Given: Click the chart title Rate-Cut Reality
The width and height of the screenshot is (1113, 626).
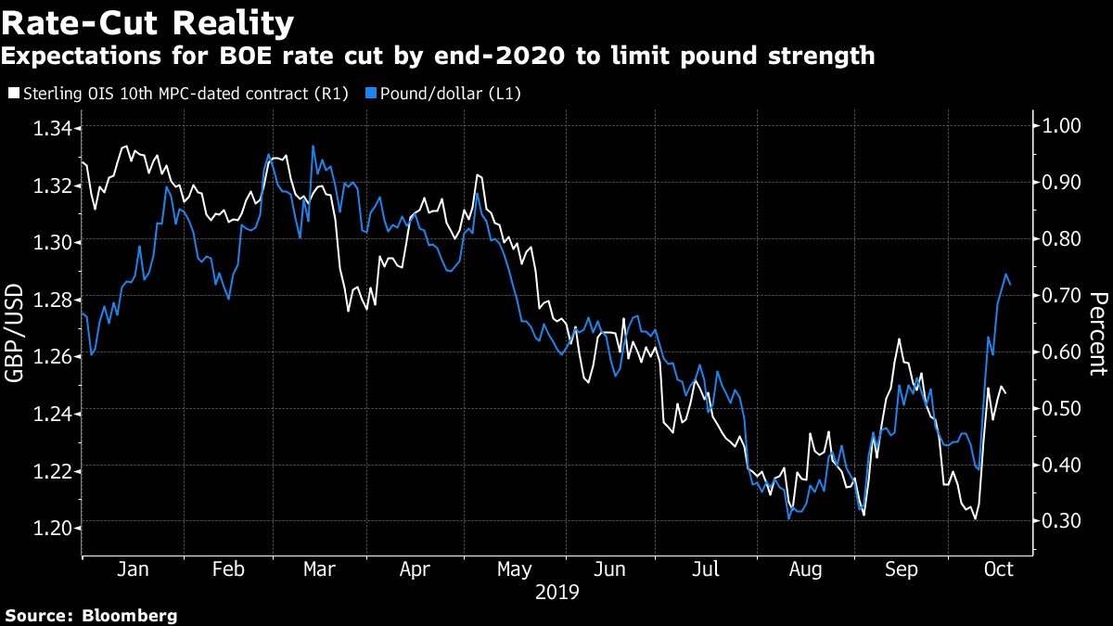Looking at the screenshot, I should (x=148, y=21).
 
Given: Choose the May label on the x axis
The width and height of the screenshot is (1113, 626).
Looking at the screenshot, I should (x=513, y=569).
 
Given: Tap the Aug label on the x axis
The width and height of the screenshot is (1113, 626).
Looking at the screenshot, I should (x=802, y=569).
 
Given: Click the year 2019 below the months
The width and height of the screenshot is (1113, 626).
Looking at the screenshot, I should (x=556, y=592).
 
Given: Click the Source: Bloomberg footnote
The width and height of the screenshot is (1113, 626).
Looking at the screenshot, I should (x=90, y=615).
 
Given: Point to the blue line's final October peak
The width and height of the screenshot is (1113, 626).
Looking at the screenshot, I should (x=1006, y=275).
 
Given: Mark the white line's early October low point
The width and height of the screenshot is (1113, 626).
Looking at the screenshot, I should (x=975, y=519).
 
